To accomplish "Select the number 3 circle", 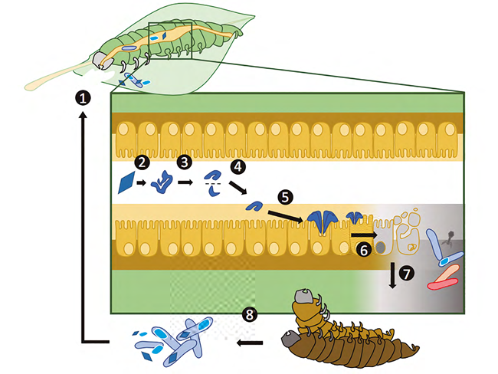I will click(183, 162).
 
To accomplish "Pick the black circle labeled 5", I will click(286, 197).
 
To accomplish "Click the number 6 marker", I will click(365, 249).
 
